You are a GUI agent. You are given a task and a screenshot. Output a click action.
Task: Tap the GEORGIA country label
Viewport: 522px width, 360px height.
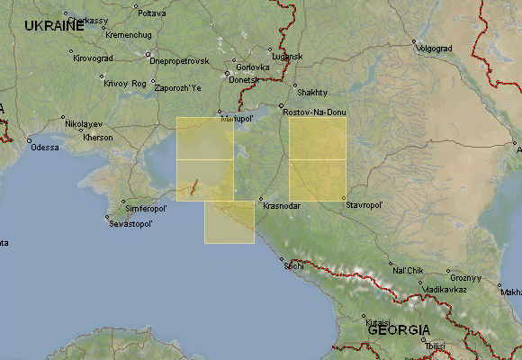(x=398, y=330)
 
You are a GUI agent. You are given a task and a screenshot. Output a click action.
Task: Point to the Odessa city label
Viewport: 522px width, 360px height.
(x=44, y=148)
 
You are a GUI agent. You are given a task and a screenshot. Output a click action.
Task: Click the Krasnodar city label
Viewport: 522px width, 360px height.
(x=281, y=206)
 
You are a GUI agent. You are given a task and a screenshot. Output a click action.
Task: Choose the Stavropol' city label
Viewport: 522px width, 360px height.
(x=364, y=205)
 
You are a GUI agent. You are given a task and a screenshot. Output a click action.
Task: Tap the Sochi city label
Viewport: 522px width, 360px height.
(x=293, y=266)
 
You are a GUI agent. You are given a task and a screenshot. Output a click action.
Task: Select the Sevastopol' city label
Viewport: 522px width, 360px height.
(x=132, y=222)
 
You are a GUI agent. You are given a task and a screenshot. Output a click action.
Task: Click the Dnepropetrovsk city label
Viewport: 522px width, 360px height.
(x=179, y=60)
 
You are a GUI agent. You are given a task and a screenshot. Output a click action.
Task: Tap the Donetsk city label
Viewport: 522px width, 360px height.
(x=245, y=80)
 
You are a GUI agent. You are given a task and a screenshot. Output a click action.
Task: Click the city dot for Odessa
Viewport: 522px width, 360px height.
(x=29, y=140)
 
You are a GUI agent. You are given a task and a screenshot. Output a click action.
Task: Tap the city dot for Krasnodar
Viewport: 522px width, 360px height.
(x=260, y=199)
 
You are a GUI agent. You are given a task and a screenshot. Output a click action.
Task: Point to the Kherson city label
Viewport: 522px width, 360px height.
(x=97, y=138)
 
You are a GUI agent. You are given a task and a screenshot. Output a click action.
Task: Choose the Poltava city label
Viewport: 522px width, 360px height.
(x=151, y=13)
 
